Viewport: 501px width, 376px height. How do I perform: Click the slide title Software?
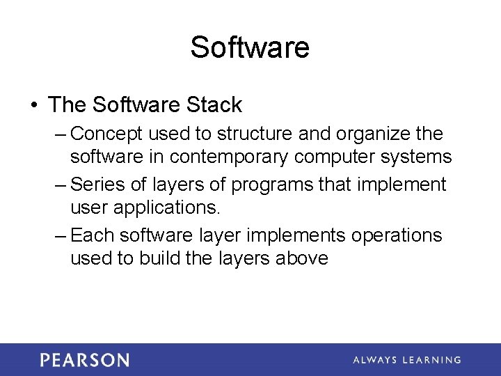(250, 48)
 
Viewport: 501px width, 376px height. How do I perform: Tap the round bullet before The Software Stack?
(33, 106)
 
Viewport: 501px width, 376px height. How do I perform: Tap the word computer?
(334, 158)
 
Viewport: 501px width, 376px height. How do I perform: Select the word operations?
(396, 236)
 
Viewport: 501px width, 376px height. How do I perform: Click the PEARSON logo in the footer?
(84, 360)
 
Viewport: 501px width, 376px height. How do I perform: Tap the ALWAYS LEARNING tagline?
(406, 360)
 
